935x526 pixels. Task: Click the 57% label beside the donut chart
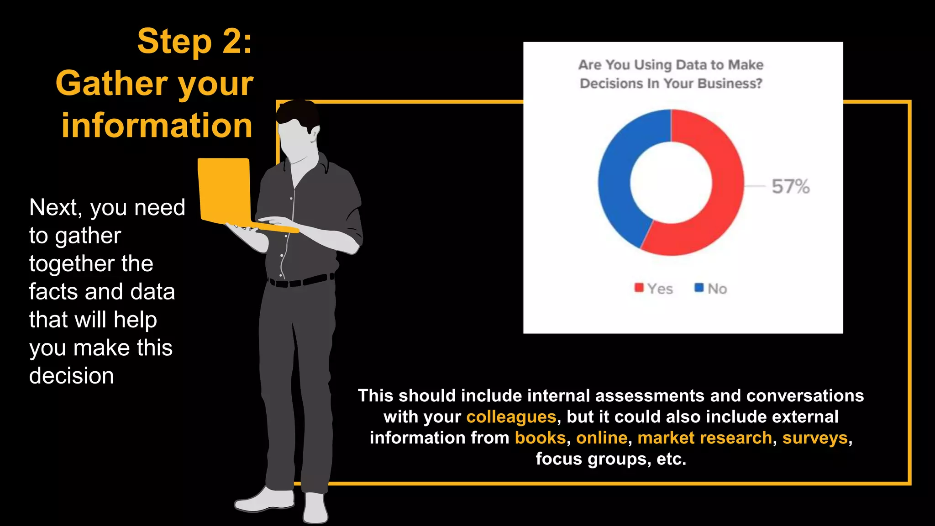790,186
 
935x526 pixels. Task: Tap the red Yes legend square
639,288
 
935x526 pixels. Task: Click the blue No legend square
699,288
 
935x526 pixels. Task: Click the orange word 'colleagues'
511,417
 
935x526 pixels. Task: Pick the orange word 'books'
540,438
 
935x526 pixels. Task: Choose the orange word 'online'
602,438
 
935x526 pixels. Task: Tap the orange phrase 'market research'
704,438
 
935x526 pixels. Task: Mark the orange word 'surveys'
815,438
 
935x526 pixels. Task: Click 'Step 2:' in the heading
194,42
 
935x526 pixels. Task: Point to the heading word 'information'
157,126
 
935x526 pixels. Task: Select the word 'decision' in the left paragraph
72,376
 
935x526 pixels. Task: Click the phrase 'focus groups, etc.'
611,459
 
